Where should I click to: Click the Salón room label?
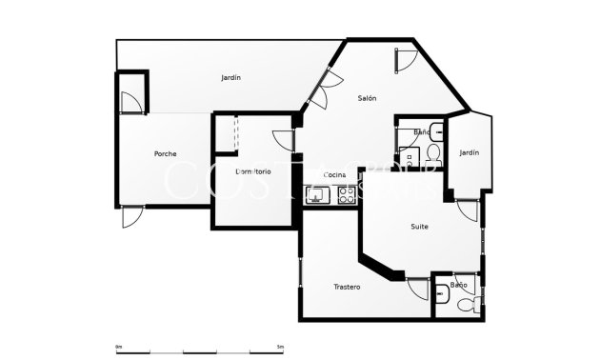coord(367,98)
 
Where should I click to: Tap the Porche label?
coord(165,153)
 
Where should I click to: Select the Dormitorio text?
coord(253,171)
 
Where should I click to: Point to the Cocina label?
coord(334,174)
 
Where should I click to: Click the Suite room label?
coord(419,227)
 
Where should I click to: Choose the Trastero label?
coord(347,287)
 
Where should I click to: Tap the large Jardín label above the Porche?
coord(230,77)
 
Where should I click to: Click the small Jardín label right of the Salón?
coord(469,152)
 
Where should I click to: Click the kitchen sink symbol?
coord(316,196)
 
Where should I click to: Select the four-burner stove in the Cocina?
coord(346,196)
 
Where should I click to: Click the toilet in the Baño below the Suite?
coord(464,306)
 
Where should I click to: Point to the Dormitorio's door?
coord(283,139)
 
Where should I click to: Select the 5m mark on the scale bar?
coord(280,345)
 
